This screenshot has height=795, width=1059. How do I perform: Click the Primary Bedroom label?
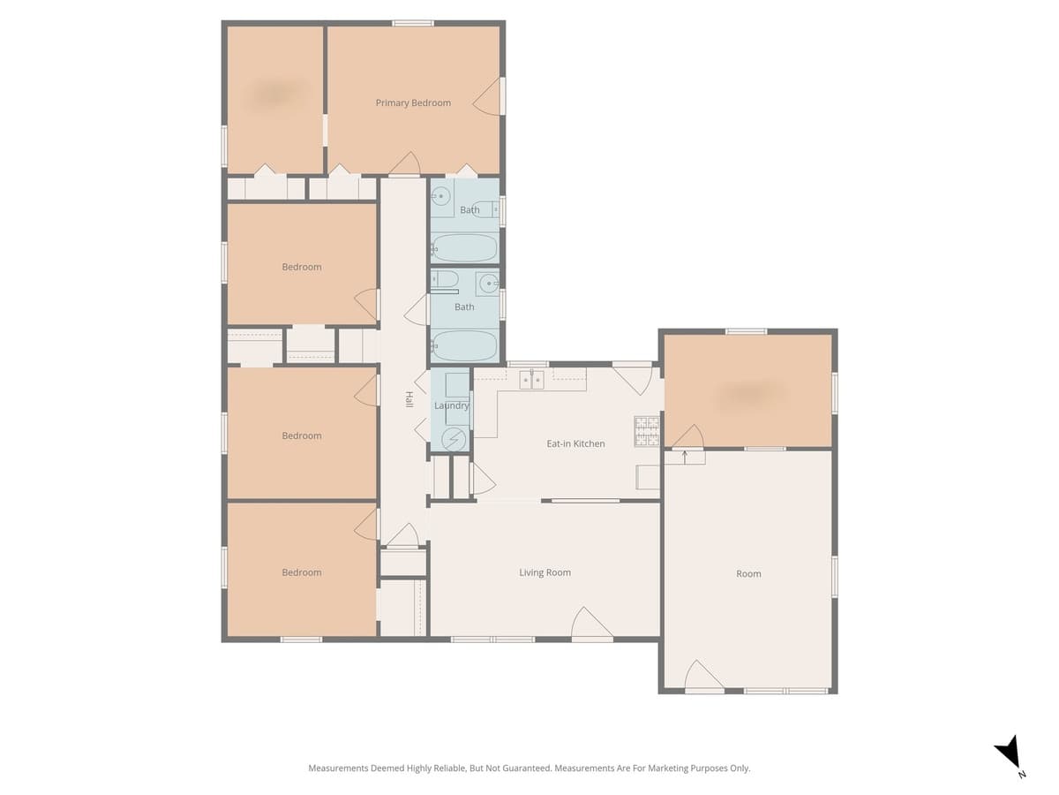click(413, 103)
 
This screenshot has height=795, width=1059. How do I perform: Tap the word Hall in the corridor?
click(409, 399)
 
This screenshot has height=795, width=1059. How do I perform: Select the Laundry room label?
click(451, 406)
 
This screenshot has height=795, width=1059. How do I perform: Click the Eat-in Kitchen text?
click(575, 443)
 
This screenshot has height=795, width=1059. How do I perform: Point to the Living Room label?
click(545, 572)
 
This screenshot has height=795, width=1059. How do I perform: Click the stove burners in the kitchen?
click(647, 430)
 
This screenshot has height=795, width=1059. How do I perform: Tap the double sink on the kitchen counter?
click(530, 380)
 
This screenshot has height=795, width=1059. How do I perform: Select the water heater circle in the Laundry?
click(454, 438)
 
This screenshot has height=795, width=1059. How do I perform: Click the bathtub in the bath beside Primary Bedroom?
click(464, 247)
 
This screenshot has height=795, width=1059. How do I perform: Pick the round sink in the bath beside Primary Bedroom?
click(441, 196)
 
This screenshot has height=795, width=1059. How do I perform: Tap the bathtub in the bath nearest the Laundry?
click(464, 345)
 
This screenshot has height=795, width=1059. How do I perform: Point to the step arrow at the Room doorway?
click(685, 457)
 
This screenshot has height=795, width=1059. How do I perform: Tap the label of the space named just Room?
click(748, 574)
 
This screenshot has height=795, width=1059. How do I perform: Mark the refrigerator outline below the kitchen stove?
click(648, 477)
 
